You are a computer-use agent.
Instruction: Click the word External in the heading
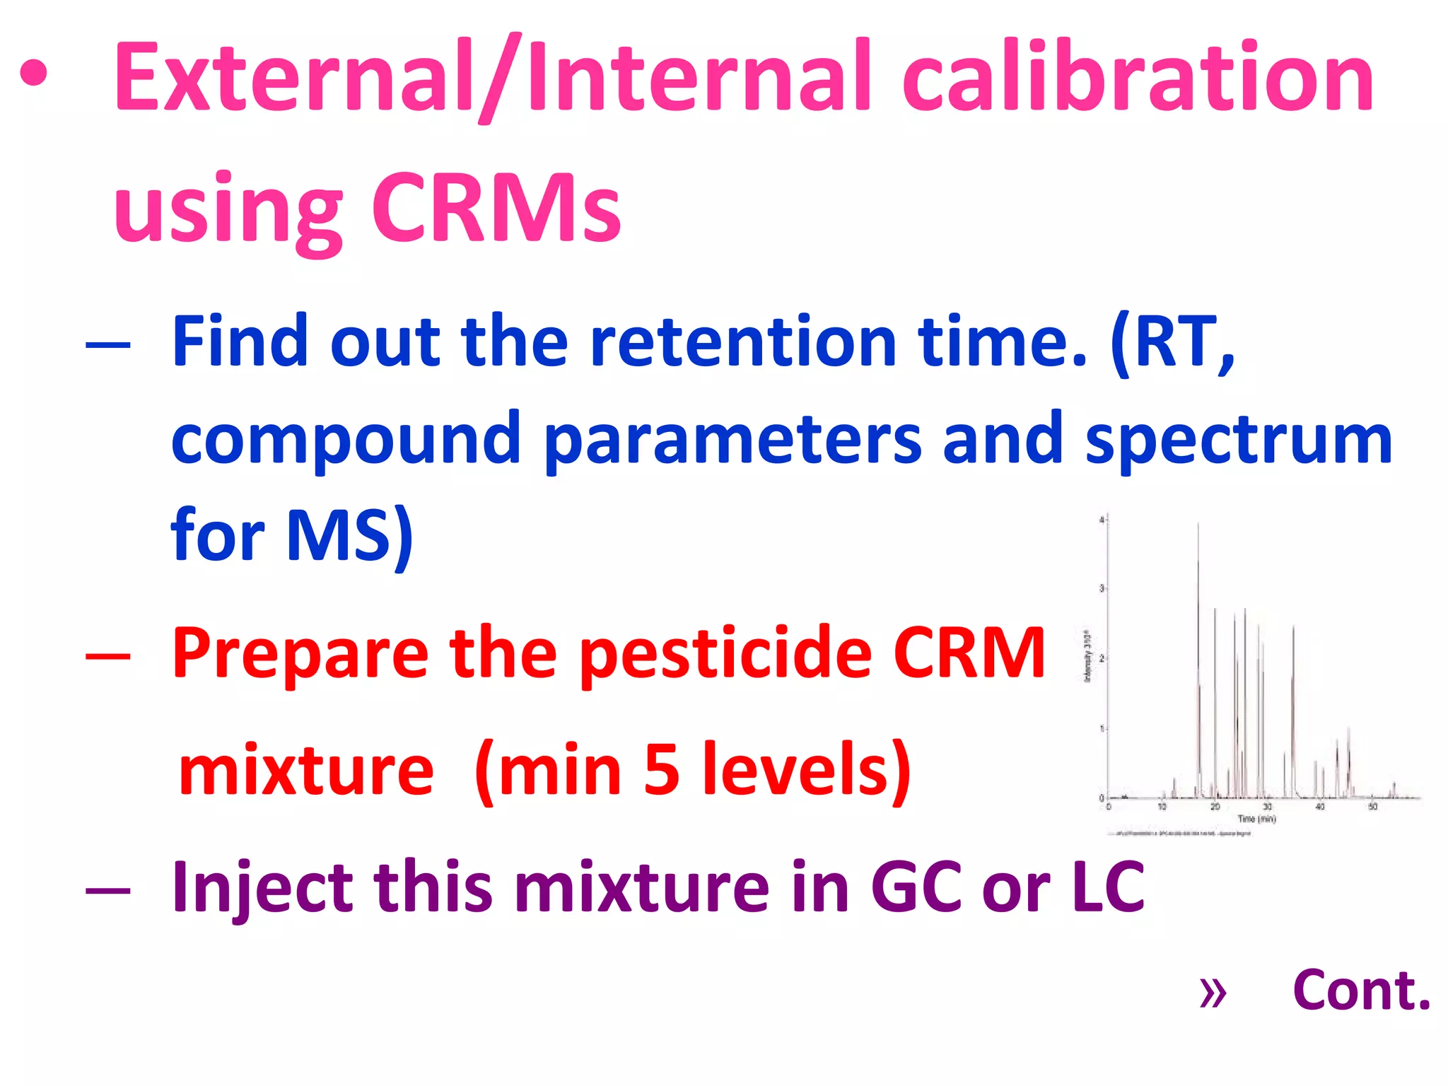[293, 78]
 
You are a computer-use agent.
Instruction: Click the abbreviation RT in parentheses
[1170, 343]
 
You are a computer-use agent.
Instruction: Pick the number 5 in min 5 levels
[661, 771]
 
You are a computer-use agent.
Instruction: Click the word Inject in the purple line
[262, 887]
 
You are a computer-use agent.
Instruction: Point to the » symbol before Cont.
[1213, 993]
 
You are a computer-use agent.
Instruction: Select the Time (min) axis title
[1256, 819]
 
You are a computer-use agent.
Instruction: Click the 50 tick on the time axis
[1372, 807]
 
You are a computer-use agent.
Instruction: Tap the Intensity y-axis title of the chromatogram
[1087, 658]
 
